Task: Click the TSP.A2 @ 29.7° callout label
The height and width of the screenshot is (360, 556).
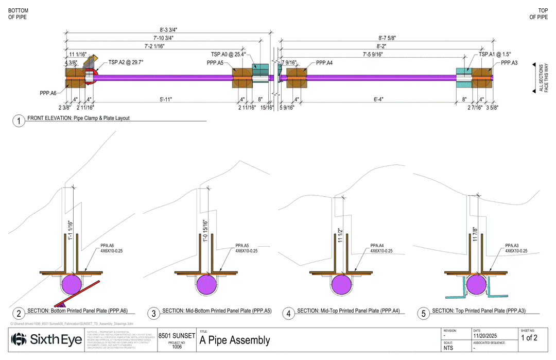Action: [126, 62]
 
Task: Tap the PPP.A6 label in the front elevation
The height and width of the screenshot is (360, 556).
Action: [48, 93]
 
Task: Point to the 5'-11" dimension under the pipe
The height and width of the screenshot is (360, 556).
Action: [165, 99]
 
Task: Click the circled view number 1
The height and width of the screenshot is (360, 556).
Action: [19, 121]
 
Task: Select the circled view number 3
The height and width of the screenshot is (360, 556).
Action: [153, 313]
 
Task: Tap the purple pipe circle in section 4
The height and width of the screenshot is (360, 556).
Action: [341, 284]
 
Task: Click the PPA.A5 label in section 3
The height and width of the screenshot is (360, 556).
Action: [242, 246]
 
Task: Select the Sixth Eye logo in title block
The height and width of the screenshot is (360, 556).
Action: [46, 340]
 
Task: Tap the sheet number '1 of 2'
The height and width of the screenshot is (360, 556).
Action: [529, 338]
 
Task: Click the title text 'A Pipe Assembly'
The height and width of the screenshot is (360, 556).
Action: [235, 340]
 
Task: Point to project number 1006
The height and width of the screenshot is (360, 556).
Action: [177, 347]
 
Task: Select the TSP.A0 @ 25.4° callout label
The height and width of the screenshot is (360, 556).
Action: [228, 55]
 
